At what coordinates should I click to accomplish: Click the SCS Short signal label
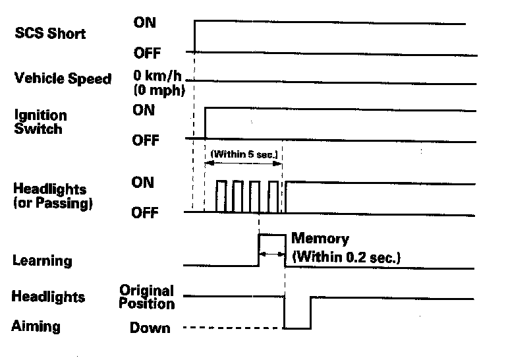50,34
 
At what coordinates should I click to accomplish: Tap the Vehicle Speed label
63,78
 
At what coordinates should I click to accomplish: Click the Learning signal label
42,260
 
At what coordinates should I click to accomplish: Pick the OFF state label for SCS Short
147,52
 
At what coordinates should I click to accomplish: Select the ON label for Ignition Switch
144,110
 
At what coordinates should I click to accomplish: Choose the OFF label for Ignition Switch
147,140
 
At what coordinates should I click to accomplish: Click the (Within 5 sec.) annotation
244,155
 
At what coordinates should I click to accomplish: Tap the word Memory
320,239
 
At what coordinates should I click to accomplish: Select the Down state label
150,328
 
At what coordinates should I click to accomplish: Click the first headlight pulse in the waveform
221,196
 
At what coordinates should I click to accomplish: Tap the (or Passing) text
53,204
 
